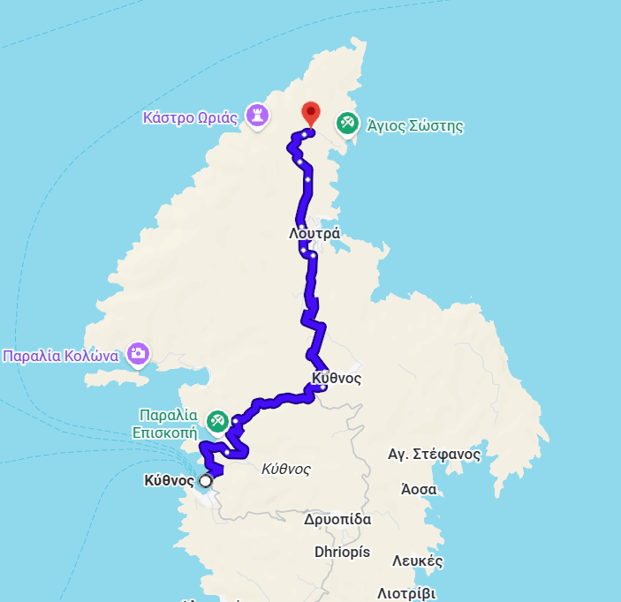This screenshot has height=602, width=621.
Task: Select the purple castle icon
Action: [x=257, y=115]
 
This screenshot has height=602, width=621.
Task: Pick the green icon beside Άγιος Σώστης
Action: [x=348, y=124]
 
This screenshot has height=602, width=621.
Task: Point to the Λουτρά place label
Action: [x=314, y=234]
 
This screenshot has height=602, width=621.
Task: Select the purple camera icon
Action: [x=137, y=354]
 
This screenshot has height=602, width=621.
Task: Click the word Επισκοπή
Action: [x=164, y=433]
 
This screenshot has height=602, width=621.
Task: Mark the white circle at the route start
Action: [x=206, y=481]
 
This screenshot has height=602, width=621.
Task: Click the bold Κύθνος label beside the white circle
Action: [x=168, y=481]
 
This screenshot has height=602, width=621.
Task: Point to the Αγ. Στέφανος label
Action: [x=434, y=455]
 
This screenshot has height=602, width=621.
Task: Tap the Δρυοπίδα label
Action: [x=337, y=519]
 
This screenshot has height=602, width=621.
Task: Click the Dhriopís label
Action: [x=342, y=553]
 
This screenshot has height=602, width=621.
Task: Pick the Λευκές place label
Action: [x=416, y=561]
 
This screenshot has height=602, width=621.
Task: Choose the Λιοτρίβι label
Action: [x=406, y=593]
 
